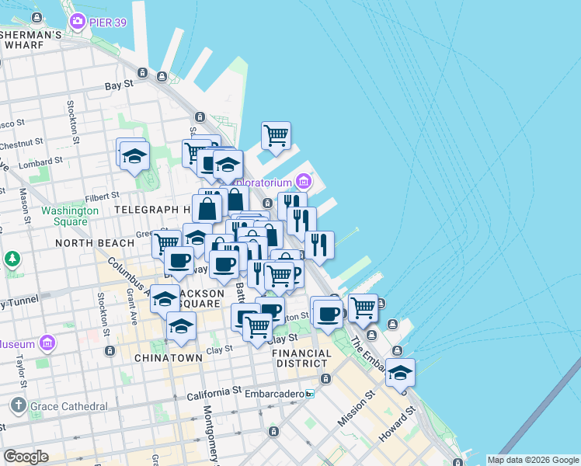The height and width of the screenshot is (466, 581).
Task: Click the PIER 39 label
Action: tap(110, 20)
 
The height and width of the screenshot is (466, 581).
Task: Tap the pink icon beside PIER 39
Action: tap(77, 21)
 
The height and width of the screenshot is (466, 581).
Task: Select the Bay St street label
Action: tap(119, 85)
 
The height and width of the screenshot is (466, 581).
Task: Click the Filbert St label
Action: tap(103, 196)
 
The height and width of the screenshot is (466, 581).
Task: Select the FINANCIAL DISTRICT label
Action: tap(302, 358)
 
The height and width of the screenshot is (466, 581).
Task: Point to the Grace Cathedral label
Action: tap(69, 406)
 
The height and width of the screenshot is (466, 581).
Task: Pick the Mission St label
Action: tap(356, 408)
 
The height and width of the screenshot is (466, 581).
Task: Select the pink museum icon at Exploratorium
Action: tap(303, 183)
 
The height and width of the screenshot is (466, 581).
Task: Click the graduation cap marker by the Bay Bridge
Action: tap(400, 372)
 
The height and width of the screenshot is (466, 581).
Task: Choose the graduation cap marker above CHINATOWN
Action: tap(181, 326)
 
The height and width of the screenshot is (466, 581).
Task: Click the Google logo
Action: tap(26, 457)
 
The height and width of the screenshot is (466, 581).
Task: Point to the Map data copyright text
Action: tap(533, 460)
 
